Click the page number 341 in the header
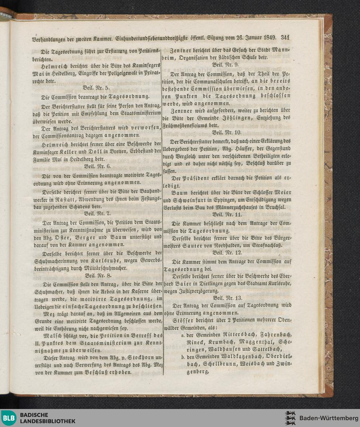[285, 37]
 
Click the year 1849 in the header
[269, 37]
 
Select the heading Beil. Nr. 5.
[94, 87]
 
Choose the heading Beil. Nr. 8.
[95, 275]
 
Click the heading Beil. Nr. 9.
[226, 65]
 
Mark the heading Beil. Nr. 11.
[226, 215]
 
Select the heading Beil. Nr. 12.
[226, 252]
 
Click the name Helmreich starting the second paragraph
[53, 65]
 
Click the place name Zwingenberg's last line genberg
[198, 372]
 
